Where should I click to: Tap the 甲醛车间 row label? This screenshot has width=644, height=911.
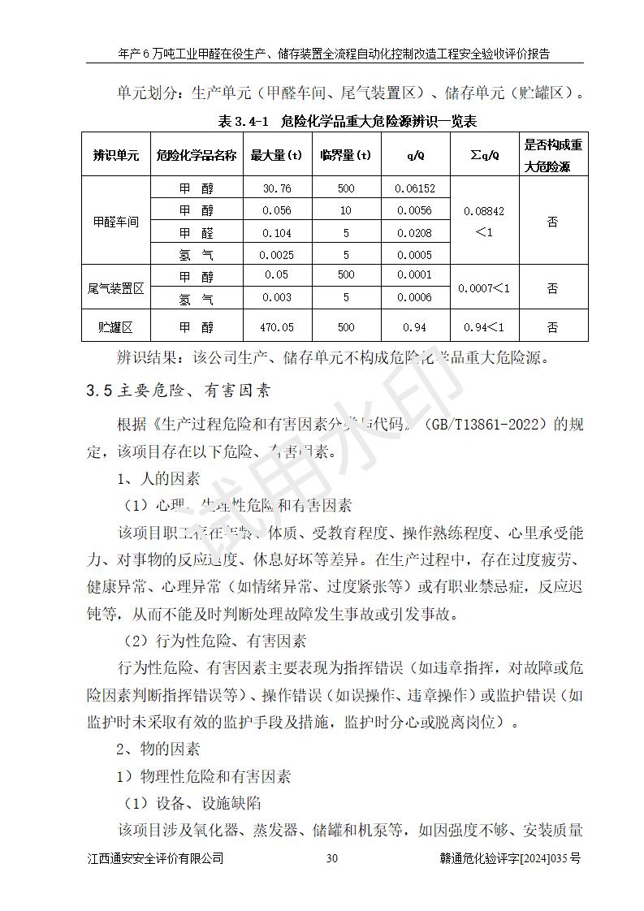(x=116, y=222)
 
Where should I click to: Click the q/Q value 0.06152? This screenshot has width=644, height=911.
(x=415, y=188)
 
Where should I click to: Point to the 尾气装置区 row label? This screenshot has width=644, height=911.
(x=116, y=287)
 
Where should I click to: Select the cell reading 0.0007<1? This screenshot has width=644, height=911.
(x=484, y=287)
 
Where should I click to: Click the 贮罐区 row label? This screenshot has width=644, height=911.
(x=116, y=327)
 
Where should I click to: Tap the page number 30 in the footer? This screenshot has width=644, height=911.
(x=331, y=858)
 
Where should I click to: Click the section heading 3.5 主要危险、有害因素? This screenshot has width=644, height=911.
(x=178, y=391)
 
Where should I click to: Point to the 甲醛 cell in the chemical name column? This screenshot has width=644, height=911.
(x=196, y=233)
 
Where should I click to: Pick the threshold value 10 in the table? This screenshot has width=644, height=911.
(x=346, y=210)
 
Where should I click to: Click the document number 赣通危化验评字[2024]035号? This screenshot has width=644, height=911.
(x=508, y=858)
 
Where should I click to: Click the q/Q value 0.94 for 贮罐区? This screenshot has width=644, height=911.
(x=415, y=327)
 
